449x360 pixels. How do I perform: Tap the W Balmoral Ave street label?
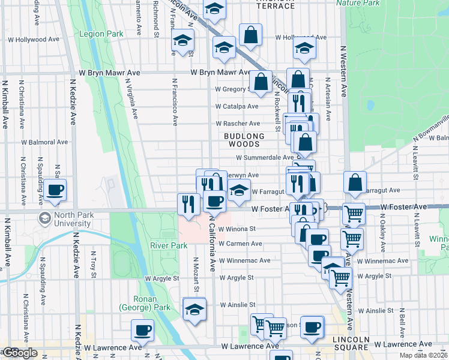click(44, 143)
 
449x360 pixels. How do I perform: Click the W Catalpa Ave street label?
click(238, 107)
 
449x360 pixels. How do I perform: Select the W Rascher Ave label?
click(238, 124)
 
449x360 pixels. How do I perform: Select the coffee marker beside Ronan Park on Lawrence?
click(142, 330)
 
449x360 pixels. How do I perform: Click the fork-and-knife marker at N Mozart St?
click(188, 204)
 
